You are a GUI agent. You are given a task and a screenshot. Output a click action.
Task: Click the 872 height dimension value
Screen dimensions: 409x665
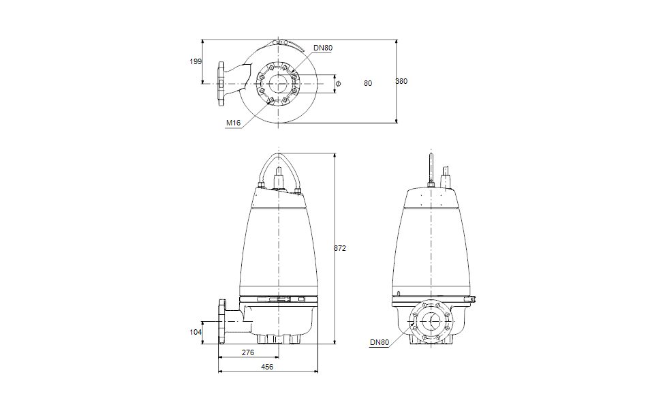pyautogui.click(x=340, y=249)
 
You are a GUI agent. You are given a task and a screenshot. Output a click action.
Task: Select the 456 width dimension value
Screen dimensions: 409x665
pyautogui.click(x=268, y=367)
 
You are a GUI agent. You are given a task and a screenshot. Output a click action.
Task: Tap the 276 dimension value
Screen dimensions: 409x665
pyautogui.click(x=248, y=352)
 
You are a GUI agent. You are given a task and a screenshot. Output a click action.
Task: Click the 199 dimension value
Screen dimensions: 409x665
pyautogui.click(x=196, y=61)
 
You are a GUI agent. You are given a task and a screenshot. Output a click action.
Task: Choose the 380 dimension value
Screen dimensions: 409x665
pyautogui.click(x=401, y=82)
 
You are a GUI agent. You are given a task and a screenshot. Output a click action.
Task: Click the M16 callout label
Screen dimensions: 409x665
pyautogui.click(x=234, y=123)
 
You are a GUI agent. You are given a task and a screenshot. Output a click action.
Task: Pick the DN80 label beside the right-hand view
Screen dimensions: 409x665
pyautogui.click(x=380, y=343)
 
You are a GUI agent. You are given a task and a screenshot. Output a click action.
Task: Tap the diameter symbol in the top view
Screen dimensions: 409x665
pyautogui.click(x=338, y=83)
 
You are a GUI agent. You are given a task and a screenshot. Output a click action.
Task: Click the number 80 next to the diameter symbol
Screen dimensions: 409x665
pyautogui.click(x=368, y=83)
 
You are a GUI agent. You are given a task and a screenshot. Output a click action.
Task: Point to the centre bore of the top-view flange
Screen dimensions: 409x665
pyautogui.click(x=278, y=85)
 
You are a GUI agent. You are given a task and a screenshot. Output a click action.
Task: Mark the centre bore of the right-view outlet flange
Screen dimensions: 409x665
pyautogui.click(x=431, y=322)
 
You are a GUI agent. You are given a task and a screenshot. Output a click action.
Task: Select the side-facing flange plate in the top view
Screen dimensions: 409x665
pyautogui.click(x=221, y=85)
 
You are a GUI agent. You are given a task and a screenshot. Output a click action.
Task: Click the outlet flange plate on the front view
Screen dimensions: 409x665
pyautogui.click(x=221, y=322)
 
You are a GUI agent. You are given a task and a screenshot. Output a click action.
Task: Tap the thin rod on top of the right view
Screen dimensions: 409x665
pyautogui.click(x=431, y=167)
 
